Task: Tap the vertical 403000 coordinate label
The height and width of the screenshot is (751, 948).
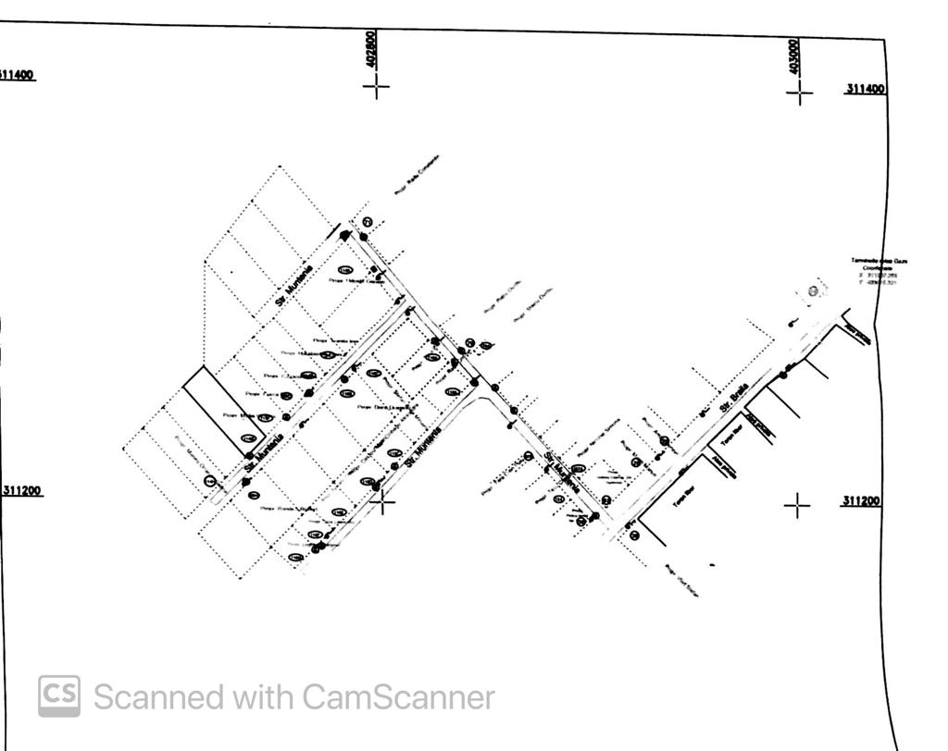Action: pyautogui.click(x=795, y=56)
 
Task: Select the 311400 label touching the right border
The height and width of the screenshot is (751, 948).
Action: pyautogui.click(x=865, y=89)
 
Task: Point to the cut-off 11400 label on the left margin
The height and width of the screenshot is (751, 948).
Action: pyautogui.click(x=17, y=74)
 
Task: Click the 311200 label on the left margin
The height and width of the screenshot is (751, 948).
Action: pyautogui.click(x=21, y=490)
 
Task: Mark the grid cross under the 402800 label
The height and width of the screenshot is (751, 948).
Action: pyautogui.click(x=376, y=88)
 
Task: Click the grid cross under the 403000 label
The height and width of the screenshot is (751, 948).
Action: pyautogui.click(x=800, y=92)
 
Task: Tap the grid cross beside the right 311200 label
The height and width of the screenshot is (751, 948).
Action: pyautogui.click(x=797, y=505)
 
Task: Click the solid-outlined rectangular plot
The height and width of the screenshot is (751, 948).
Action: pyautogui.click(x=225, y=412)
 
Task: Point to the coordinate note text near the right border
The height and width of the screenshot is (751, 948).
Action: pyautogui.click(x=879, y=272)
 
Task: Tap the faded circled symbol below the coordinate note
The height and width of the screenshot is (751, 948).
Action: pyautogui.click(x=813, y=292)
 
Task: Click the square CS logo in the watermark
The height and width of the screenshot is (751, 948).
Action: pyautogui.click(x=59, y=696)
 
